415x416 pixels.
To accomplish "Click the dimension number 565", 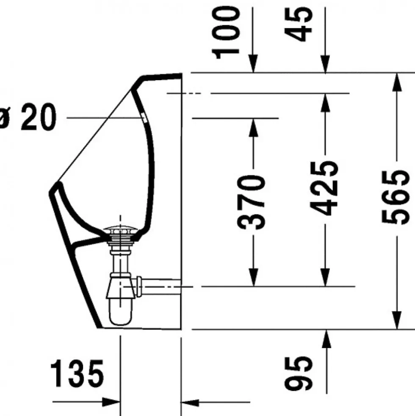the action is (394, 198).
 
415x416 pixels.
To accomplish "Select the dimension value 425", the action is (324, 188).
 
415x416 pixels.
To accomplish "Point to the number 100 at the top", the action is (226, 33).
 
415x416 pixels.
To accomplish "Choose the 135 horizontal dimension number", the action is (77, 374).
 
